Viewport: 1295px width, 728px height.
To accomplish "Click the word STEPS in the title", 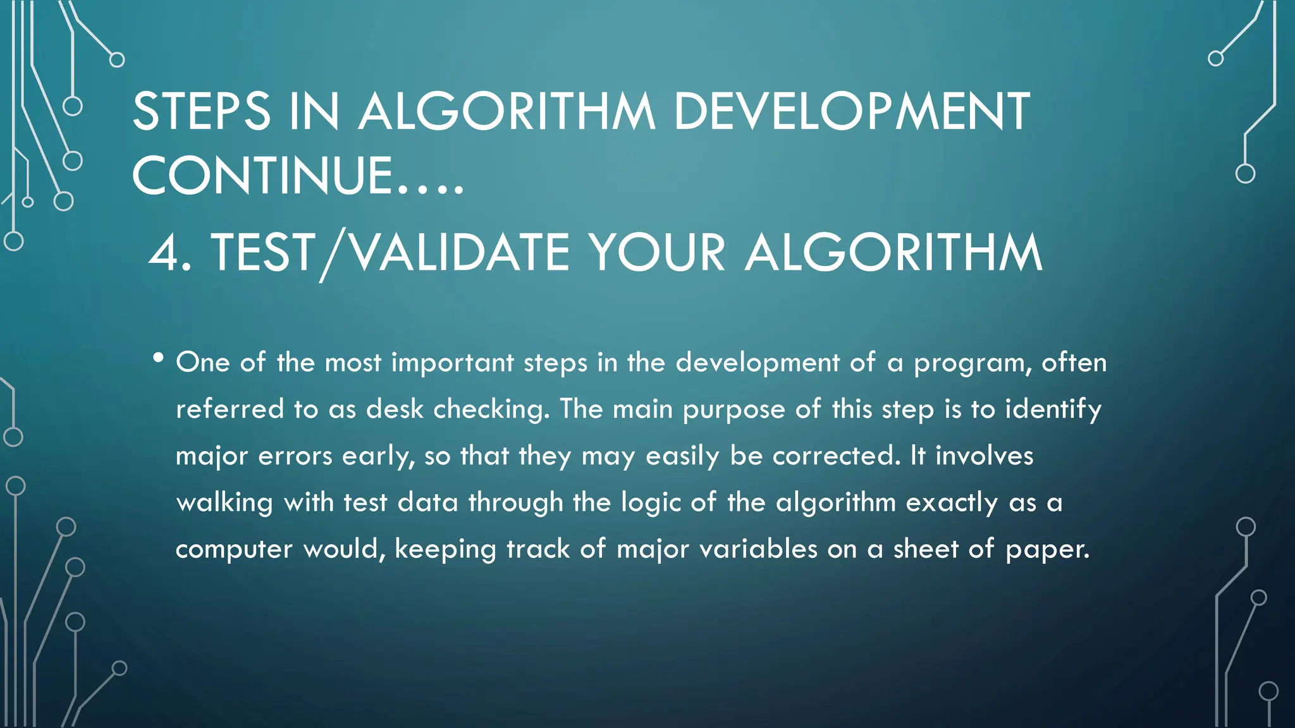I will (x=201, y=112).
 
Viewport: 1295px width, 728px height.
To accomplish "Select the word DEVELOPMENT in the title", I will (x=851, y=112).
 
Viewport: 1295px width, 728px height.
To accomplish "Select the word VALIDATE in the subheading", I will (x=460, y=253).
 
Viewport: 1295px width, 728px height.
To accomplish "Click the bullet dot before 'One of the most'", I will (x=158, y=359).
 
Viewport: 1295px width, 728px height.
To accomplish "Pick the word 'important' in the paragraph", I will (x=452, y=363).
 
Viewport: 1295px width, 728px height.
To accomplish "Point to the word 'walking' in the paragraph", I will (x=224, y=503).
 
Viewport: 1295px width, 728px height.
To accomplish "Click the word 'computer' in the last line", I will (x=233, y=549).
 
